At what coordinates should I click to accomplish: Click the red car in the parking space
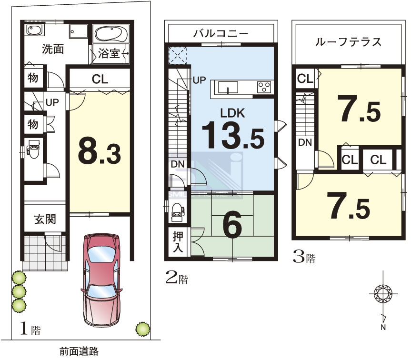101,280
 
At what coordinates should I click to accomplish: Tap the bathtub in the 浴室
111,34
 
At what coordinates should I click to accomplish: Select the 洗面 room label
53,49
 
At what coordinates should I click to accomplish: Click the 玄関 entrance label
45,219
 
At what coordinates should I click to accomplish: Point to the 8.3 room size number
100,152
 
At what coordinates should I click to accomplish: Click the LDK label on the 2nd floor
232,113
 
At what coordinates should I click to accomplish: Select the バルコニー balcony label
221,33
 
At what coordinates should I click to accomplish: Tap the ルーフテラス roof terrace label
348,42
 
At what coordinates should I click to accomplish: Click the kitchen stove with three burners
264,87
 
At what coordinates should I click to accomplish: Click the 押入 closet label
178,242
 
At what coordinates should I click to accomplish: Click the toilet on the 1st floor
33,149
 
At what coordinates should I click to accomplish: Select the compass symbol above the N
383,293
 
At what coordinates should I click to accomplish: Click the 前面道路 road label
79,351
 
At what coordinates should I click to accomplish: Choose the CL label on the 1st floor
100,79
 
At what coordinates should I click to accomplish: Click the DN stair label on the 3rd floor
305,142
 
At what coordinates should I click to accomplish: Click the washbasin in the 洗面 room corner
34,30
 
